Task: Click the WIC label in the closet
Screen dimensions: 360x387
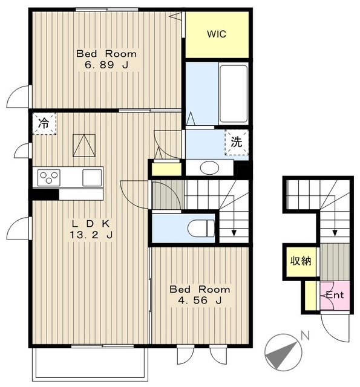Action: coord(217,34)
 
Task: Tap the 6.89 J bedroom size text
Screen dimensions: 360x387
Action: coord(106,65)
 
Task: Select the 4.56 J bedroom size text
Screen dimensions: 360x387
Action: coord(200,301)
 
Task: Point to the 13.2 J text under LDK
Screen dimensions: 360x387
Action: coord(91,235)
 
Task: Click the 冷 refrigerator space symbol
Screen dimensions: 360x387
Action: coord(44,123)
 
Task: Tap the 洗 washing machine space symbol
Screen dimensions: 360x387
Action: coord(237,143)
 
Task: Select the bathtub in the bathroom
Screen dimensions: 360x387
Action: coord(234,94)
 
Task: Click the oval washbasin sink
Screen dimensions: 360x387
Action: coord(209,168)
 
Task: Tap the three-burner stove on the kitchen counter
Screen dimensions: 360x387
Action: coord(49,178)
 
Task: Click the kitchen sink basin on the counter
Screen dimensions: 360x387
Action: coord(92,178)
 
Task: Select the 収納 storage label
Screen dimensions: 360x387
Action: coord(301,261)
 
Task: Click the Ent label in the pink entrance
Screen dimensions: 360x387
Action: coord(335,295)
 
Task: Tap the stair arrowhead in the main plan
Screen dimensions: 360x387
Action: coord(234,233)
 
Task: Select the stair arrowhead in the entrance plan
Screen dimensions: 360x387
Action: coord(335,233)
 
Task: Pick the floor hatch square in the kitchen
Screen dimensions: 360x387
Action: coord(84,145)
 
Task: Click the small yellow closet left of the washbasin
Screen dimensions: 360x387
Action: coord(166,169)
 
